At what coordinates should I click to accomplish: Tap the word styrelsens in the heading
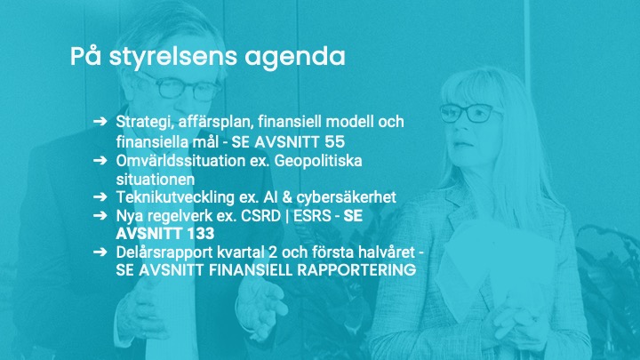coord(172,57)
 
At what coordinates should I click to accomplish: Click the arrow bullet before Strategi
coord(100,121)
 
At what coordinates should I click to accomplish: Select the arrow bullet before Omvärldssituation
coord(100,160)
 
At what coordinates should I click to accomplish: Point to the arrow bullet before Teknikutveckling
coord(100,196)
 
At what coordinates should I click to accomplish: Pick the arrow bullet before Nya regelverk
coord(100,215)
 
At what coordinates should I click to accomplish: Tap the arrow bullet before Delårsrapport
coord(100,252)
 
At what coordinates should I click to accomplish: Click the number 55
coord(335,142)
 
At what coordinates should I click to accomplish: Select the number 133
coord(199,234)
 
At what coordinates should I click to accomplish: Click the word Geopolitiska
coord(318,161)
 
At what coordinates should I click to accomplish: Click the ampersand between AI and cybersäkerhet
coord(287,197)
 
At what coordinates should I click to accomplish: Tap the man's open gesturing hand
coord(262,301)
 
